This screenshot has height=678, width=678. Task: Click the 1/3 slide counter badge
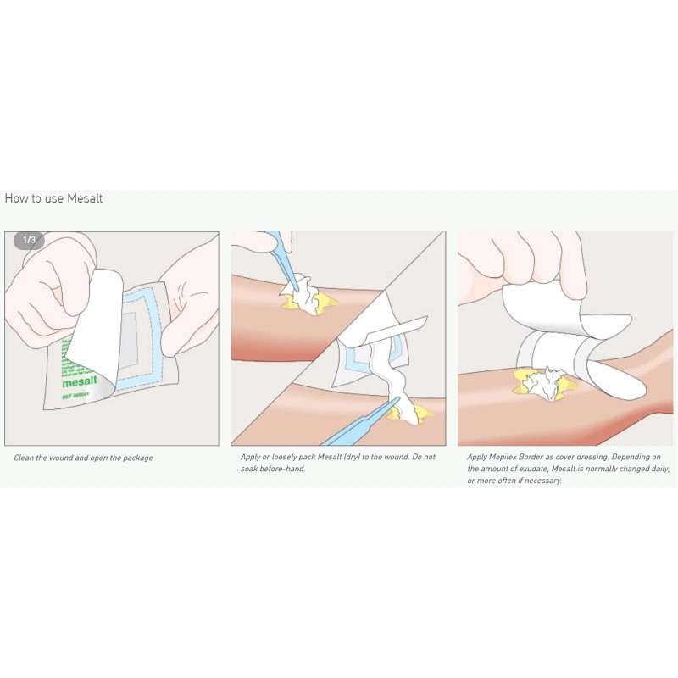(x=29, y=240)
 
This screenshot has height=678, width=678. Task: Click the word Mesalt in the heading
(x=85, y=198)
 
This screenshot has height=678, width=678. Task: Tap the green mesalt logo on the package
(x=80, y=382)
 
